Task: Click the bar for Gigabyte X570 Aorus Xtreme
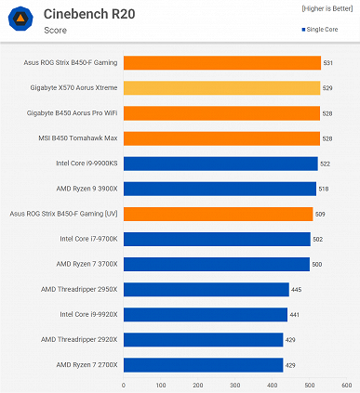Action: (x=220, y=88)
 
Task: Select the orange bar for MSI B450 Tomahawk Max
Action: (x=220, y=138)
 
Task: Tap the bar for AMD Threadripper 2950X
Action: (x=205, y=289)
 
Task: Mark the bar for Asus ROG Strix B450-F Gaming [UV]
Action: (x=217, y=214)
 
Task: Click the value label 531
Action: (x=328, y=63)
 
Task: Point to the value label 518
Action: (x=323, y=189)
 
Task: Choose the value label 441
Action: (x=294, y=314)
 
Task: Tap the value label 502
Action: (x=317, y=239)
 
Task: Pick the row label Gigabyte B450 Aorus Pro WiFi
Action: (x=73, y=113)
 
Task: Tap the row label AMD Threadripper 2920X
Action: (x=79, y=339)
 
